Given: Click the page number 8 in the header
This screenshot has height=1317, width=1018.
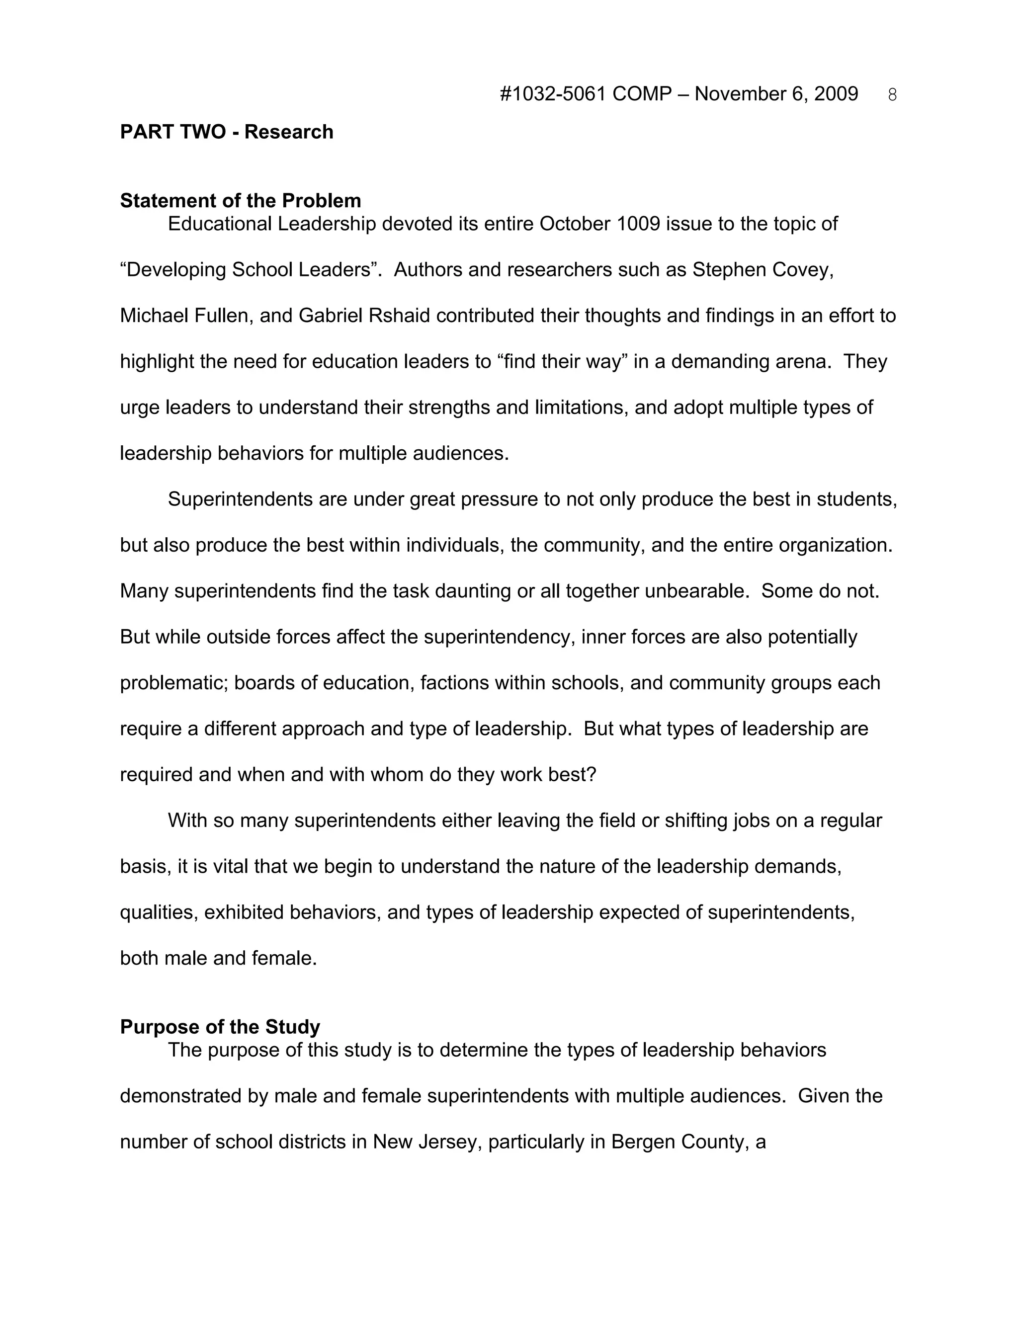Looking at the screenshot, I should (892, 95).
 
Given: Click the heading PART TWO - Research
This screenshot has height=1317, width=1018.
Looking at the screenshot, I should (226, 132).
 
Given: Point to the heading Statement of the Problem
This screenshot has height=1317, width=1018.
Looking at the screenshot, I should (240, 200).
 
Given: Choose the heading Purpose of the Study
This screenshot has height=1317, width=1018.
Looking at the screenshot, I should (220, 1026).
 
